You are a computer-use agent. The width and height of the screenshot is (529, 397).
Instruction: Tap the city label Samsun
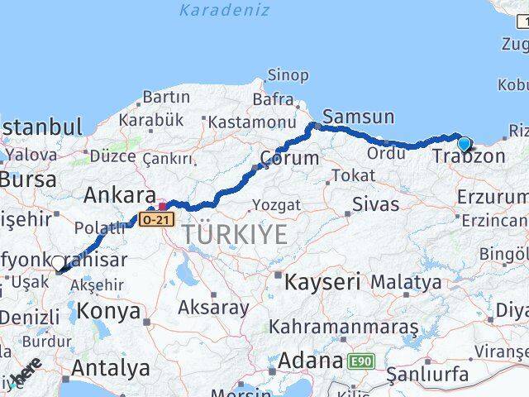358,116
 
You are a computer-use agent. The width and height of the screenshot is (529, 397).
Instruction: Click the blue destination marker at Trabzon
464,144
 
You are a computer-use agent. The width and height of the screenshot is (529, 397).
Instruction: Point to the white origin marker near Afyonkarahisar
58,263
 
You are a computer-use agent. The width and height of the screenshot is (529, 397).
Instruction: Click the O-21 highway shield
157,220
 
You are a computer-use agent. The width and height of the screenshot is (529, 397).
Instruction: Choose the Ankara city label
120,196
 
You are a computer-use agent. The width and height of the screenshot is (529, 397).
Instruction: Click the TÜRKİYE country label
236,234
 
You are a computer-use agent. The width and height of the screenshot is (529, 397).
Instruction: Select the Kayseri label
322,282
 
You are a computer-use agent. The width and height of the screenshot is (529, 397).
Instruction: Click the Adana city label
311,361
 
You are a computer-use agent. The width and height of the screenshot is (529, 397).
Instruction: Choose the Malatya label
405,282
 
